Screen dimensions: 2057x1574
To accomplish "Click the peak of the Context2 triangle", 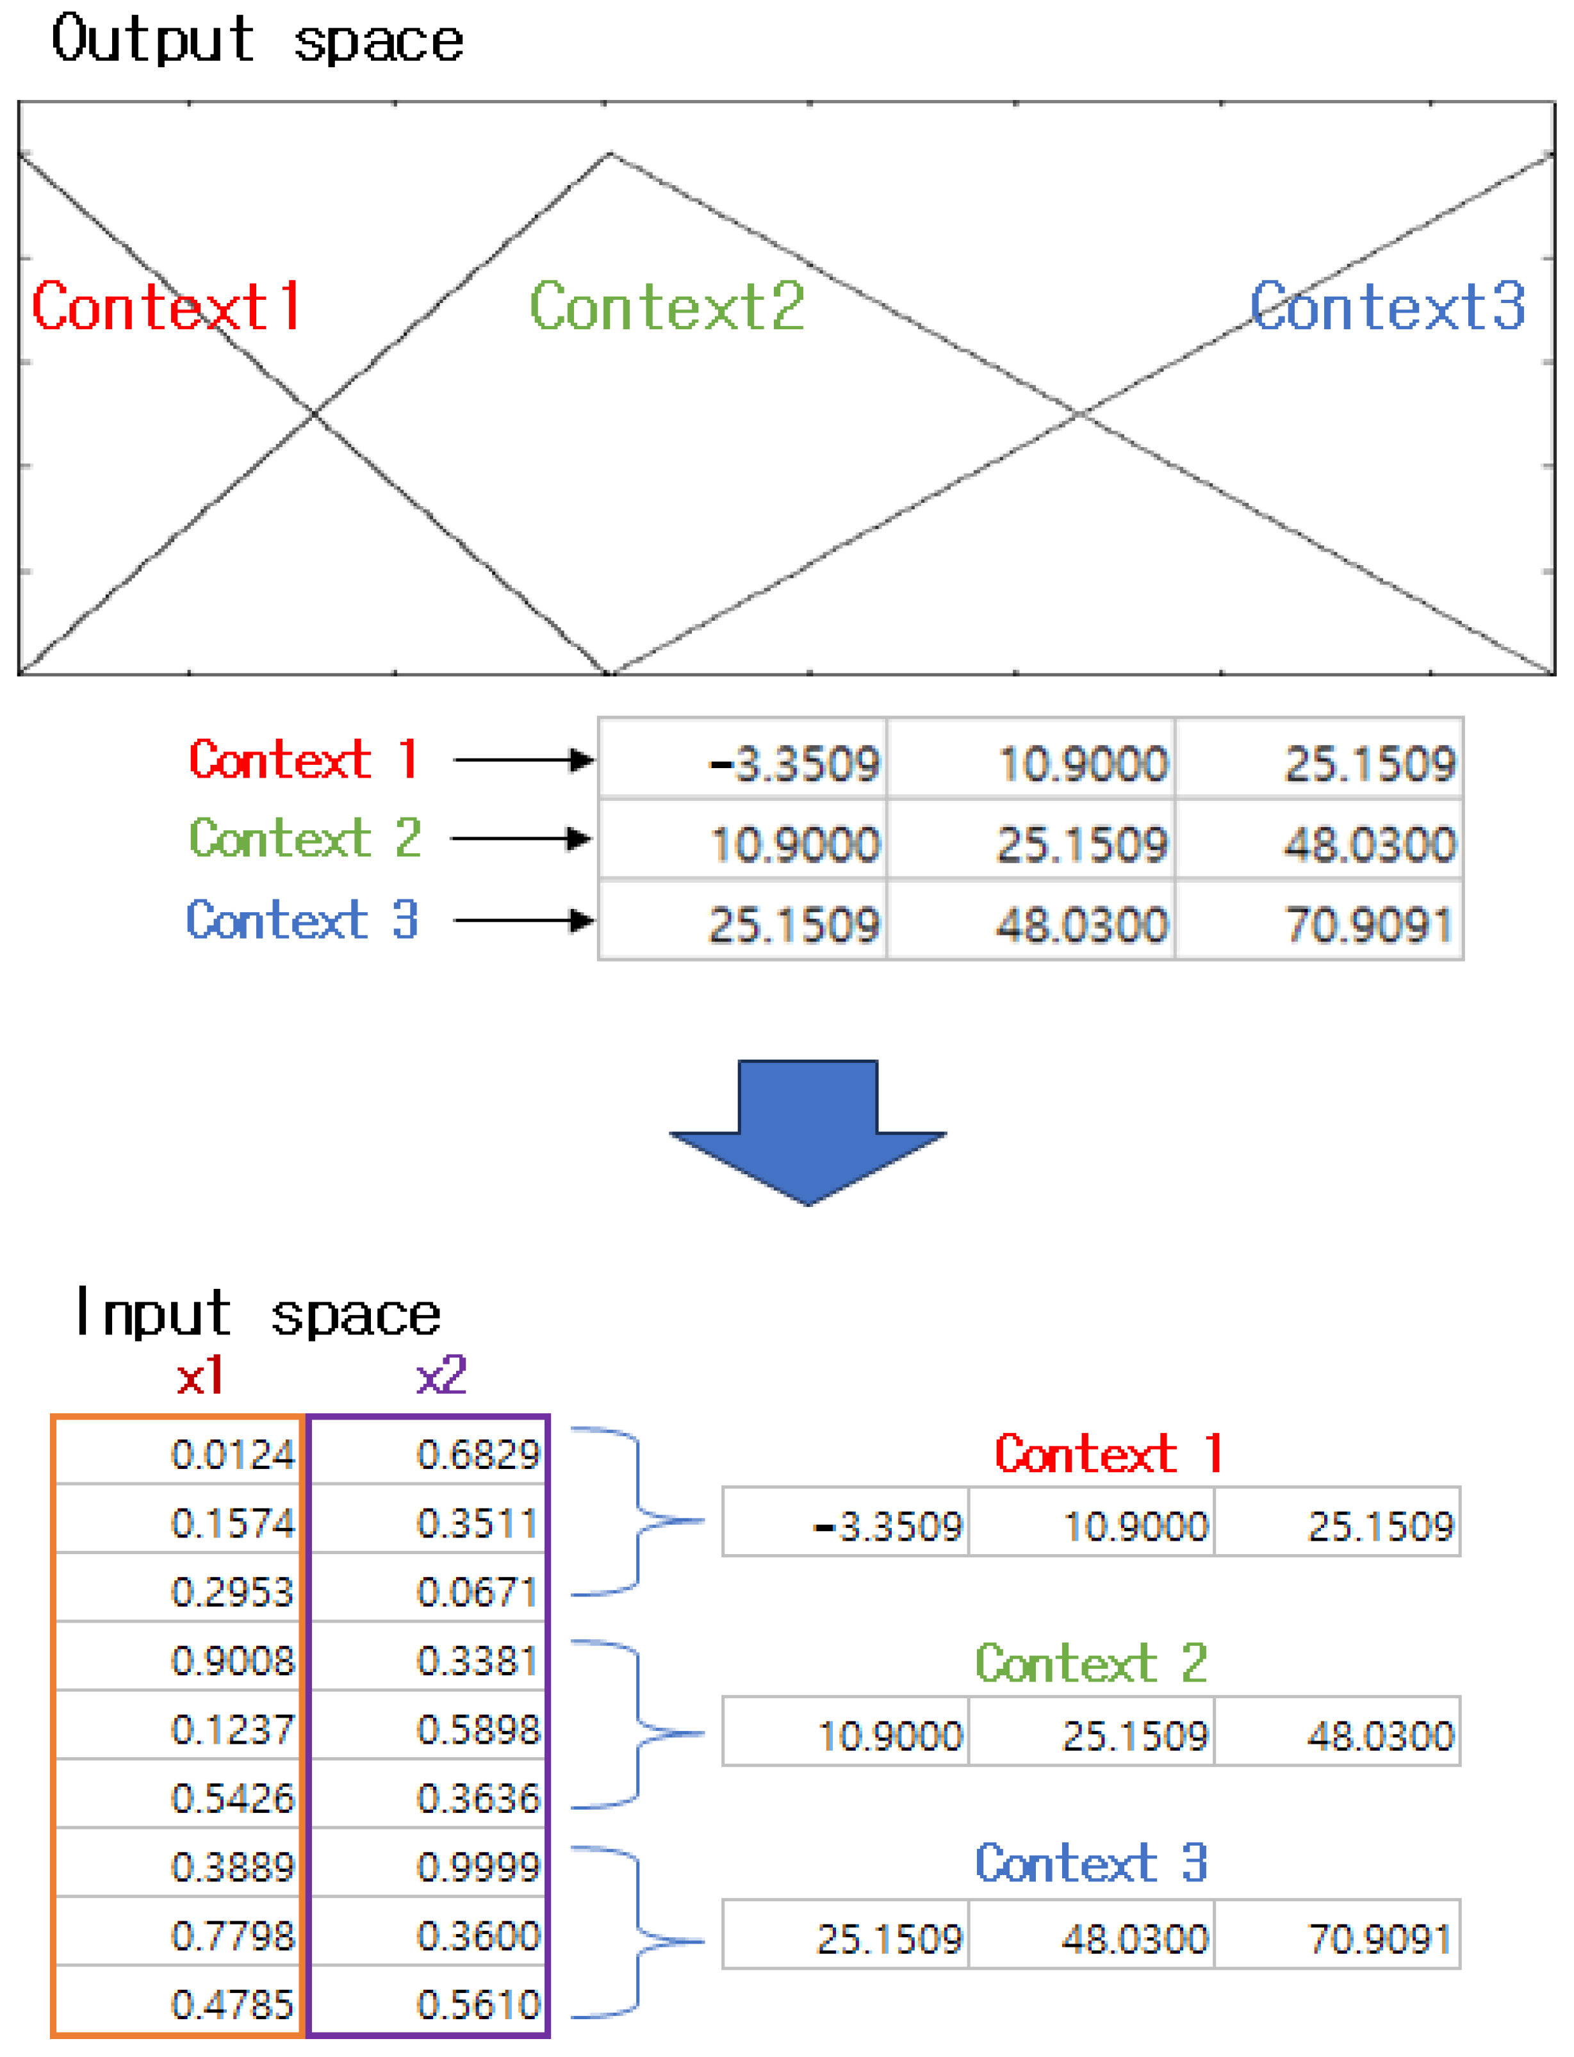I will click(610, 154).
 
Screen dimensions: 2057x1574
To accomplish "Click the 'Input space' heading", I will click(257, 1313).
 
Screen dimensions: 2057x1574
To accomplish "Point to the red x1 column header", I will click(200, 1376).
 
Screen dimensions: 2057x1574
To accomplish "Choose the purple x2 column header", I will click(440, 1376).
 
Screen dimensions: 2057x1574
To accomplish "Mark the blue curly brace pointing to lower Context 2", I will click(637, 1733).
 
